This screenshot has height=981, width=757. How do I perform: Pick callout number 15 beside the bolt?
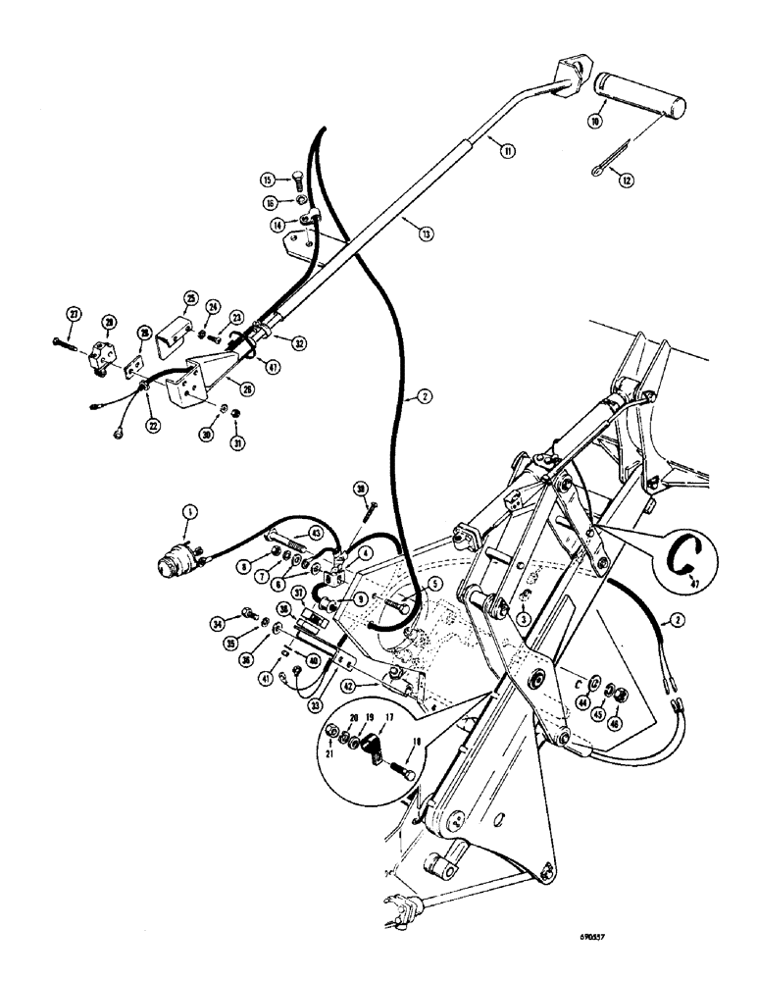coord(268,180)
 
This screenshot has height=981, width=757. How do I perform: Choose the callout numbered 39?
coord(362,488)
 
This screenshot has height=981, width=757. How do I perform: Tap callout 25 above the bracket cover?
coord(190,298)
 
